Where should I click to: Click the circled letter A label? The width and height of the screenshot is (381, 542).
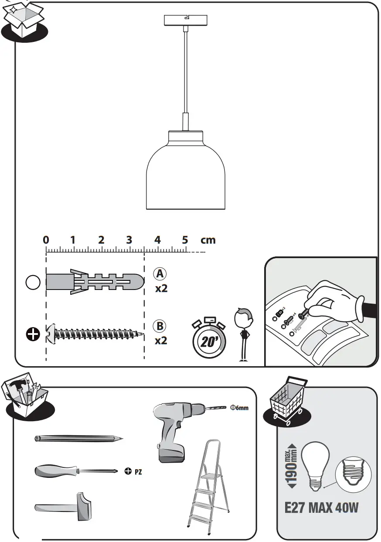point(160,274)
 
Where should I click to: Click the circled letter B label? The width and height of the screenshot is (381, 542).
point(160,326)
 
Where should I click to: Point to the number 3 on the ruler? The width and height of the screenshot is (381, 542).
point(129,240)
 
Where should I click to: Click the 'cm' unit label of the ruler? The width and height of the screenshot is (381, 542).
point(208,240)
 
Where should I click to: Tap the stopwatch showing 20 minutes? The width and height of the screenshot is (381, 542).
point(209,339)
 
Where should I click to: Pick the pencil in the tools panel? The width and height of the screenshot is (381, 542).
point(78,438)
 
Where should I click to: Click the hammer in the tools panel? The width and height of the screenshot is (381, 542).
point(65,507)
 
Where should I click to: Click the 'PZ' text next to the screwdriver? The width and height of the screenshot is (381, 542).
point(138,471)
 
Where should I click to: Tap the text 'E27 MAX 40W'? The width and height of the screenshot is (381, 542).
point(321,508)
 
